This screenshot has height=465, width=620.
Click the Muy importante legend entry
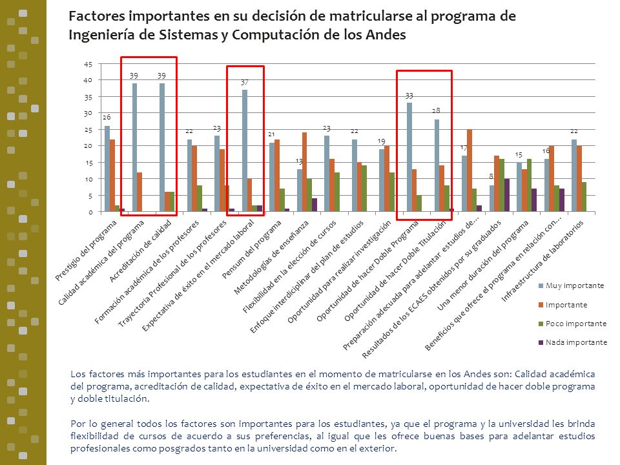tap(572, 285)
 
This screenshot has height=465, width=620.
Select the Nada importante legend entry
tap(573, 342)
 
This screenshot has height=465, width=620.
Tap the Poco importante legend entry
tap(573, 324)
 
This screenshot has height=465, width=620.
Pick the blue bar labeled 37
tap(245, 150)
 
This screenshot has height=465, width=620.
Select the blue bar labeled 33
tap(409, 157)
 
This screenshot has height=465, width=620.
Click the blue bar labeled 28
tap(437, 165)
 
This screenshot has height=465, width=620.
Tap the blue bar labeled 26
tap(107, 169)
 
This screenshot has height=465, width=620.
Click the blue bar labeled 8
tap(492, 198)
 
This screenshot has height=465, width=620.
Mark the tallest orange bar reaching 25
tap(470, 170)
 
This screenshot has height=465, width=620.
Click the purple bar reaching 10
tap(507, 195)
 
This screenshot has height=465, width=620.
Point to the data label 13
tap(299, 161)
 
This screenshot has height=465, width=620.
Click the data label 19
tap(381, 141)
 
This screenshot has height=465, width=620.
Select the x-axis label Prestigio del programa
tap(86, 250)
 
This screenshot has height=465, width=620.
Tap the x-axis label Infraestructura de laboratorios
tap(542, 261)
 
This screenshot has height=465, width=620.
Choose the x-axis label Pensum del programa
tap(252, 249)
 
